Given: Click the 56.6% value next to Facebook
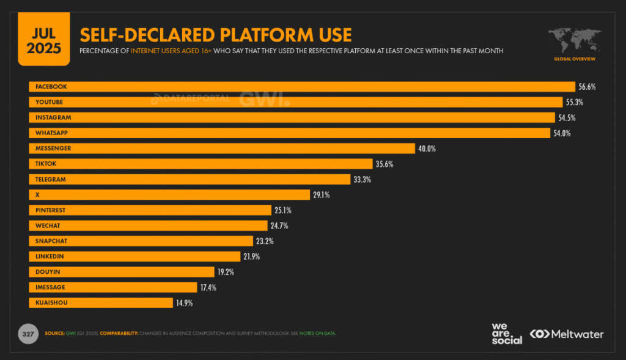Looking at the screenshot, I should pyautogui.click(x=586, y=87).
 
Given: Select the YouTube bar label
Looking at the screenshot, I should pyautogui.click(x=50, y=102).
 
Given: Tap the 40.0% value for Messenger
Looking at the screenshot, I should pyautogui.click(x=427, y=149).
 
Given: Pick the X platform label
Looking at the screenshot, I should pyautogui.click(x=38, y=195).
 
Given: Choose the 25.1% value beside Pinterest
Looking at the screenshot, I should pyautogui.click(x=283, y=210).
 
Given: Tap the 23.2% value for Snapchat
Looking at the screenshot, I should pyautogui.click(x=265, y=241).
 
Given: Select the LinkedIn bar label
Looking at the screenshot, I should pyautogui.click(x=50, y=257).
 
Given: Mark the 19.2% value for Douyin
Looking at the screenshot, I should pyautogui.click(x=243, y=272).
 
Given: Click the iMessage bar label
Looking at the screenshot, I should pyautogui.click(x=50, y=287).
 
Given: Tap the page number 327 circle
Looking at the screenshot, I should pyautogui.click(x=27, y=334).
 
